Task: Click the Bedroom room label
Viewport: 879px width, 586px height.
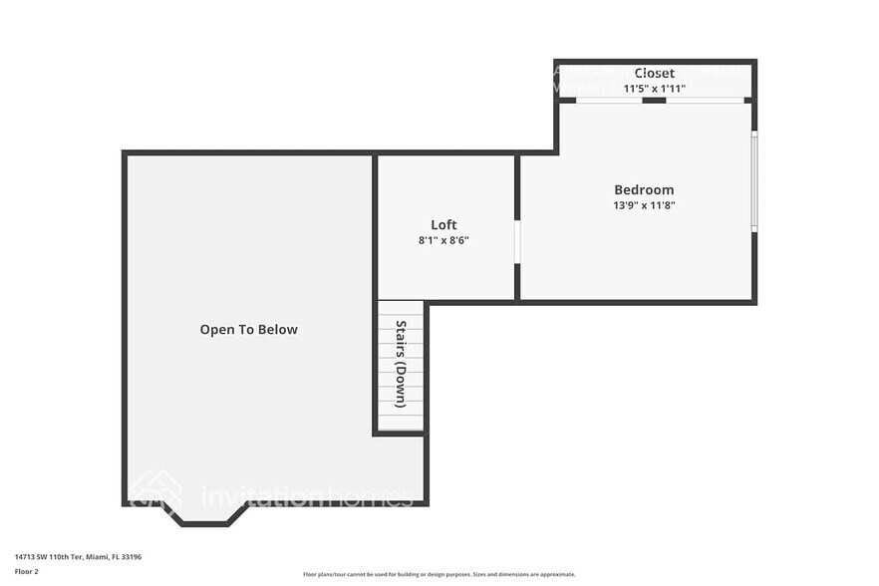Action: [x=643, y=189]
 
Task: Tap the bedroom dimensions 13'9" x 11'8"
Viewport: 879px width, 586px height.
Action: [x=643, y=205]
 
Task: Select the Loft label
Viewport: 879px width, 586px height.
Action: [x=443, y=224]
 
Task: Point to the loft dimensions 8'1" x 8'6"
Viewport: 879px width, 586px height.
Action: [x=443, y=239]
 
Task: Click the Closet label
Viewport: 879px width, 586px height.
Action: [x=654, y=73]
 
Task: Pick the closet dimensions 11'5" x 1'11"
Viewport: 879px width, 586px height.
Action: [x=654, y=89]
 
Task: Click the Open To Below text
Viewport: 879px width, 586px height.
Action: [x=248, y=329]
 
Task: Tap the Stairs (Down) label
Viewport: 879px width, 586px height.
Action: [x=401, y=364]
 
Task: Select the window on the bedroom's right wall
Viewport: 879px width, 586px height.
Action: [x=754, y=180]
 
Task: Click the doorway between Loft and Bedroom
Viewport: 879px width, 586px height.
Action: [x=516, y=242]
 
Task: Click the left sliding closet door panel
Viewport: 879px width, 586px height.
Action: [x=609, y=100]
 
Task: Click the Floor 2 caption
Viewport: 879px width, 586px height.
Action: [x=27, y=572]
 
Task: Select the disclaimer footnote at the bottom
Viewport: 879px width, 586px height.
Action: [x=439, y=575]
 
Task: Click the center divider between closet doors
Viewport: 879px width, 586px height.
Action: [x=654, y=100]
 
